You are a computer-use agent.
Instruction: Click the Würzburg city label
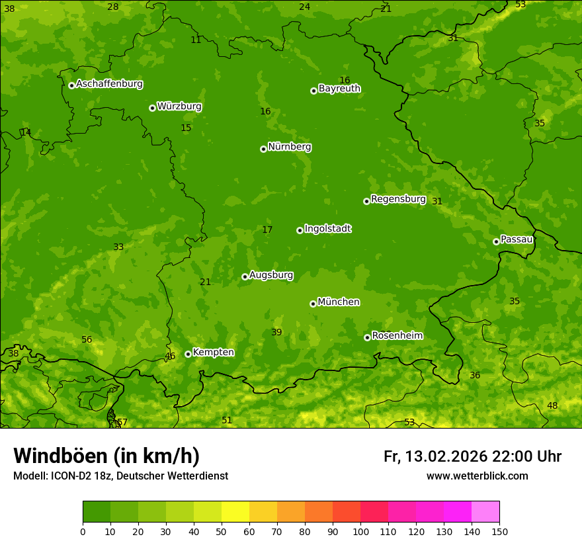179,106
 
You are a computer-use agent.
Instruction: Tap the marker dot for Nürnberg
263,149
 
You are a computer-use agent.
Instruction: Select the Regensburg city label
398,199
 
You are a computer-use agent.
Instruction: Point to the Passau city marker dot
496,241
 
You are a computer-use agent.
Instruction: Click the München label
339,302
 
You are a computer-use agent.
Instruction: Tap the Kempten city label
213,353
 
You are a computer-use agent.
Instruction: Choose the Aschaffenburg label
109,84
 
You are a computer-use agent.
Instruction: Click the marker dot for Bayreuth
313,91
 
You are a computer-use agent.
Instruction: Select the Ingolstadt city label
327,229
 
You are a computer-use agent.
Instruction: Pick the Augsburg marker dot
245,276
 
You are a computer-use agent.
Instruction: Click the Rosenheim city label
397,336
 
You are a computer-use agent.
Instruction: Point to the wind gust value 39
276,332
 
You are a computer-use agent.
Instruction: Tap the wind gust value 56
87,339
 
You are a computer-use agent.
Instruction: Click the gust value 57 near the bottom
122,422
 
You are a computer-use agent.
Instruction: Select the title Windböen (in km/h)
106,456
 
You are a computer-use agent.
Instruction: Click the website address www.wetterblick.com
477,476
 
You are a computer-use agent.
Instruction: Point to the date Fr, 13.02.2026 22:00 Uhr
472,456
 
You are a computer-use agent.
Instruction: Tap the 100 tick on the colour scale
360,531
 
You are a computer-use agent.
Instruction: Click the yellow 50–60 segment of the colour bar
235,511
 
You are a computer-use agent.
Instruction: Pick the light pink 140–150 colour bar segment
485,511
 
